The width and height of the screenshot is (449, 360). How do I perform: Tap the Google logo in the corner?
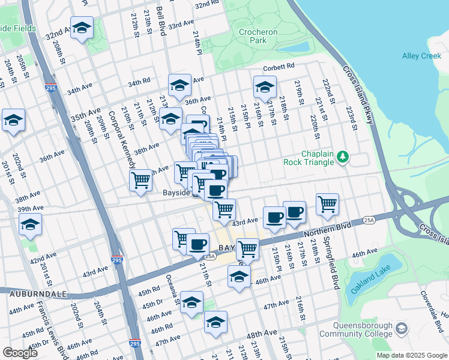tap(20, 353)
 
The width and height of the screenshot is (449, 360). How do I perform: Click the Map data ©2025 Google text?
tap(412, 355)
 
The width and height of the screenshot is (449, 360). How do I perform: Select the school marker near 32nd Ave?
tap(82, 28)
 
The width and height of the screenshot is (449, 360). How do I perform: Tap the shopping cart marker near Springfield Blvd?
tap(327, 203)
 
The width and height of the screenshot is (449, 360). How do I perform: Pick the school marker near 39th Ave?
tap(30, 224)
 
